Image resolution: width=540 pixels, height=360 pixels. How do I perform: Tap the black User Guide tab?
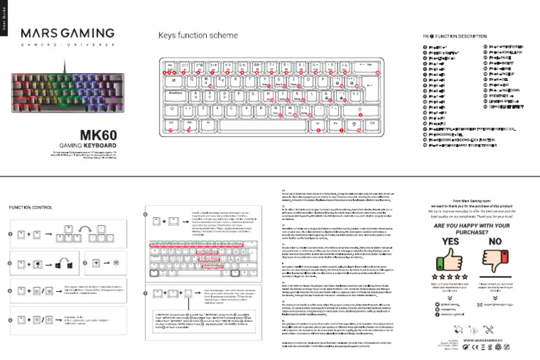click(x=4, y=18)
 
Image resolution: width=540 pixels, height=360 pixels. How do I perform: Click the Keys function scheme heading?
click(x=198, y=35)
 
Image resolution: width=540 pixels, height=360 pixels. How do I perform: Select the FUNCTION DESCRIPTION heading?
click(x=454, y=35)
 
